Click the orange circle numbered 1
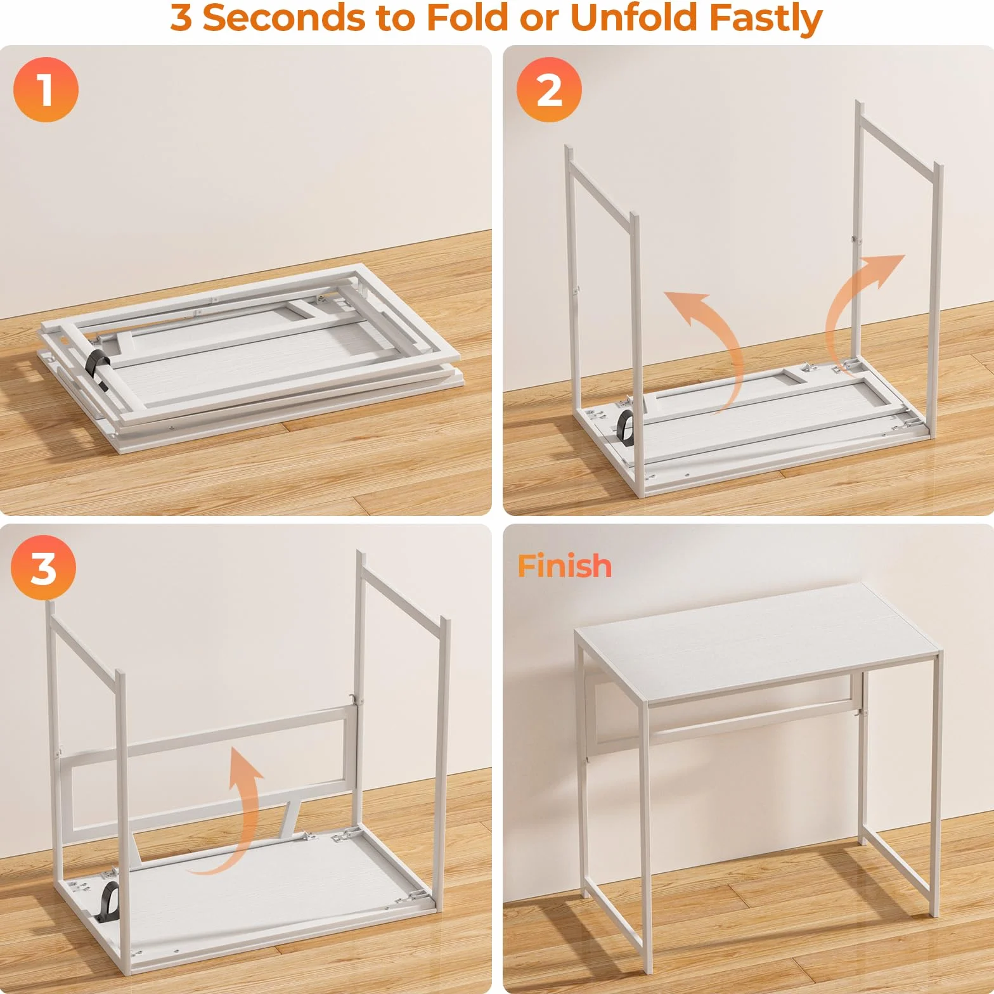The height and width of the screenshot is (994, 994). [x=46, y=89]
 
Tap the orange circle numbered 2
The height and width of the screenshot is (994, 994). [x=549, y=89]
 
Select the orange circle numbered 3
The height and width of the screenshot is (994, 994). [x=43, y=567]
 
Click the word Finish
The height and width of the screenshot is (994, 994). [x=564, y=565]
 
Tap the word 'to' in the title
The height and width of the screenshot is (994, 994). [x=396, y=19]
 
